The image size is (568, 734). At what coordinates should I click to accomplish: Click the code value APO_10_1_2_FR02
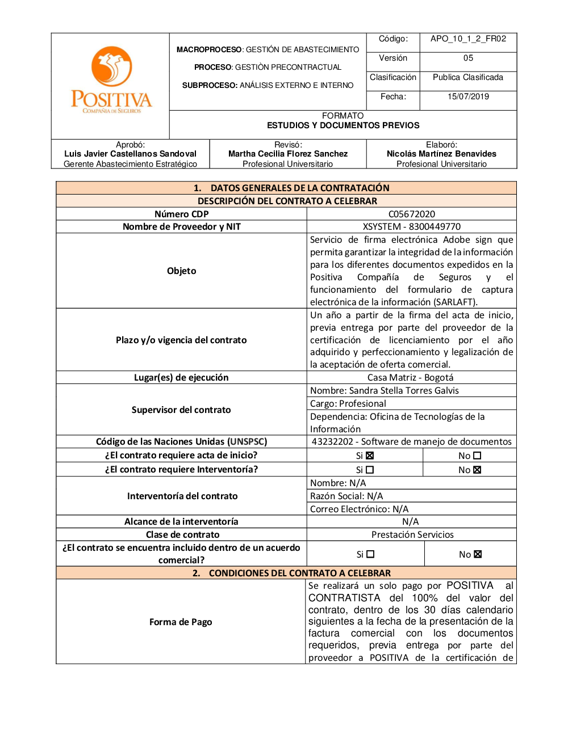click(468, 39)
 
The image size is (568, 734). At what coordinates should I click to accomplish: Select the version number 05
click(468, 58)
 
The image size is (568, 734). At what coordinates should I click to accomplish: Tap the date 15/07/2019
click(468, 96)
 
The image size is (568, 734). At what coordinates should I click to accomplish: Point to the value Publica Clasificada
click(468, 77)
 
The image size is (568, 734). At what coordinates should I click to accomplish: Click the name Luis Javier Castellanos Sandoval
click(130, 154)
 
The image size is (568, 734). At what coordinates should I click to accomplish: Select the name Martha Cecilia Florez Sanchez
click(288, 154)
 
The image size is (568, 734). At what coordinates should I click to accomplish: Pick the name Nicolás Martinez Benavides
click(441, 154)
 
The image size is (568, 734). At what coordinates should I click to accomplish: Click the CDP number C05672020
click(412, 214)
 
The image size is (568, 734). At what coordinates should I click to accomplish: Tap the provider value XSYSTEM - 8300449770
click(412, 226)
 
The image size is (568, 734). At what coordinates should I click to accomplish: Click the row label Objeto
click(181, 271)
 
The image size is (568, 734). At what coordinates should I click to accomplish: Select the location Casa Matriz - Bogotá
click(410, 377)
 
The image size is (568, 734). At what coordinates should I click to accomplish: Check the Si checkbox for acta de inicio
click(370, 455)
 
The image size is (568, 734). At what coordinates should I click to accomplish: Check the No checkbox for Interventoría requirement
click(477, 470)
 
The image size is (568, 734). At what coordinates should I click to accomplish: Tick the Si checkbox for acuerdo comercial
click(370, 554)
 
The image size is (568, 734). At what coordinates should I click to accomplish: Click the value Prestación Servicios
click(412, 534)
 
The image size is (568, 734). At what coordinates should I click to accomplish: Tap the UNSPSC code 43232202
click(332, 441)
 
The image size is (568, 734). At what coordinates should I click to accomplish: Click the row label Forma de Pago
click(181, 622)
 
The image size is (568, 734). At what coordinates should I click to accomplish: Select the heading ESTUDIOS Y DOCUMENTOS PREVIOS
click(343, 125)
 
